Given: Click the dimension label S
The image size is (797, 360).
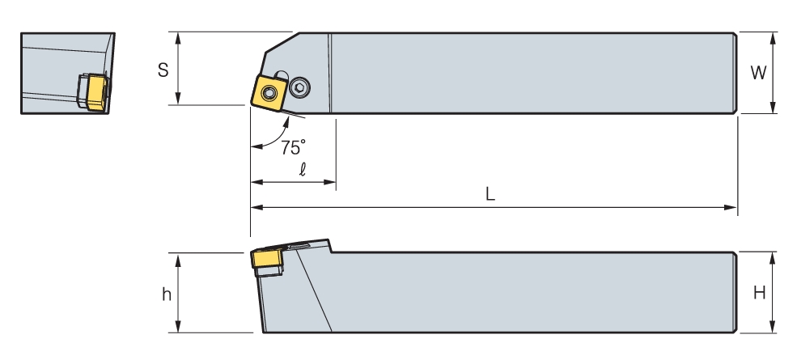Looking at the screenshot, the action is pos(163,70).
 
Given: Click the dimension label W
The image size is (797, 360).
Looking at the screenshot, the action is pos(758,74).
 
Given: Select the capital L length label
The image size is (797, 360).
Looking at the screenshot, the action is pos(490,193).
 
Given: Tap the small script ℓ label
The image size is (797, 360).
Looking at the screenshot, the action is pos(303,169).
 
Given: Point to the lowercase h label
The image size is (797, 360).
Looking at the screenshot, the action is pos(167,294).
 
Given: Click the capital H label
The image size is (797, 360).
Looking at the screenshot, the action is pos(759,293).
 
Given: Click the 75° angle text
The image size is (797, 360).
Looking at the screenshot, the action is pos(293,147).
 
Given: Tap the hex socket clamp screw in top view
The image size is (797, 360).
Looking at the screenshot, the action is pos(300,88).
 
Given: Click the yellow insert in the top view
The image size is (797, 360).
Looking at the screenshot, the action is pos(269,92).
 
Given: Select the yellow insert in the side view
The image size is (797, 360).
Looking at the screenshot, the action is pos(267,260).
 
